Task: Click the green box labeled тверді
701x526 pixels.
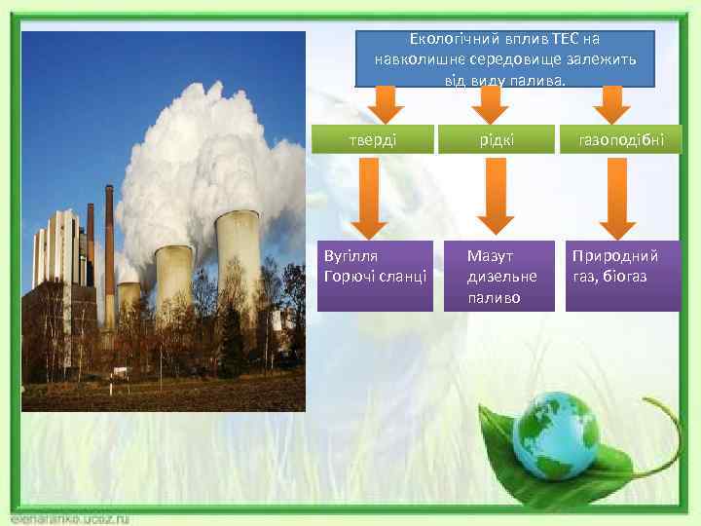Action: (x=373, y=139)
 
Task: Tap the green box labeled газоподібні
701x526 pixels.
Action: (x=620, y=139)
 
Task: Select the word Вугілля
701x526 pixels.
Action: (x=350, y=256)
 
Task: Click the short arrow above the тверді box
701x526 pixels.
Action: (x=386, y=102)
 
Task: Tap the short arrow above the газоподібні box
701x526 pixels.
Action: (x=610, y=102)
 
